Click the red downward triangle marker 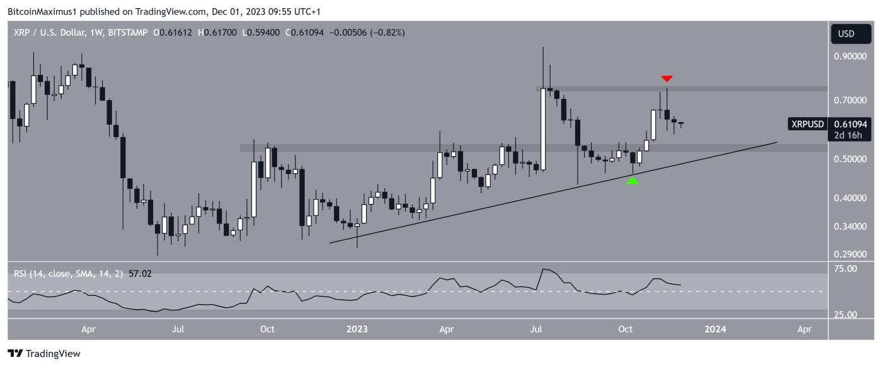[667, 79]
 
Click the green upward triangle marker [633, 181]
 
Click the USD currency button [845, 33]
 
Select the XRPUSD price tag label [806, 125]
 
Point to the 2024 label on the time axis [716, 329]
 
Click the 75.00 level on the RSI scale [845, 269]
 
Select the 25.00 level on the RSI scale [845, 315]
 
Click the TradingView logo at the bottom [44, 354]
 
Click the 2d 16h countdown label [845, 135]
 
